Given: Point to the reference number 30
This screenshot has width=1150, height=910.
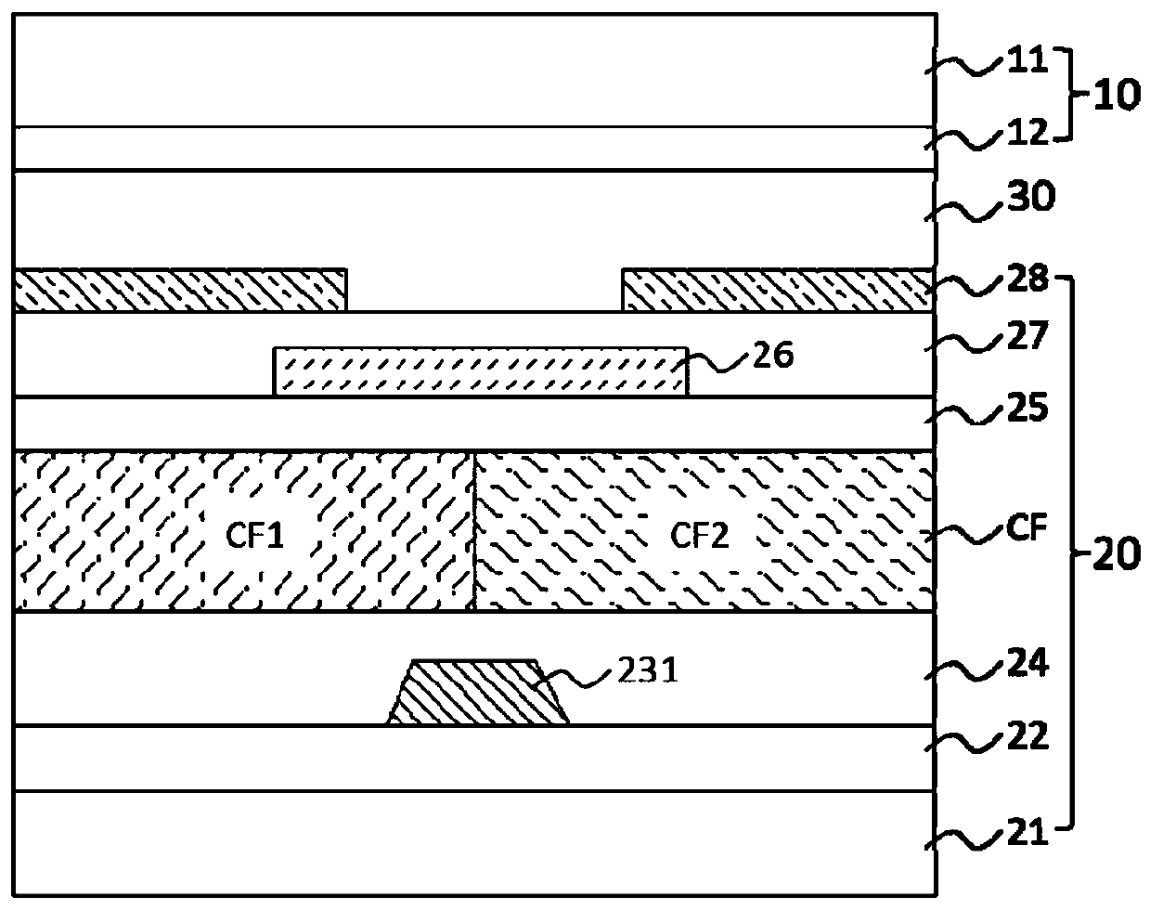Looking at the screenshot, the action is tap(1028, 199).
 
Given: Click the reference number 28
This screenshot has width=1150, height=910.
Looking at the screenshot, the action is tap(1028, 277).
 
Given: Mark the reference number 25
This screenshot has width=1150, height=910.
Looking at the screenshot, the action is tap(1028, 408).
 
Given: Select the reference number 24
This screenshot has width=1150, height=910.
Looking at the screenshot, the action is tap(1028, 664).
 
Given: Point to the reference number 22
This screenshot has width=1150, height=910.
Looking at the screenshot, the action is tap(1028, 737).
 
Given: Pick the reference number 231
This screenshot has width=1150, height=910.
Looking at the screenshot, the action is tap(650, 671).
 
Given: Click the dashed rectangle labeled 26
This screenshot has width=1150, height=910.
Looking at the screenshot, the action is tap(480, 372).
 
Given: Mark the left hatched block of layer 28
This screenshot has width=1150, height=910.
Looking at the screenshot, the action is tap(181, 290).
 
